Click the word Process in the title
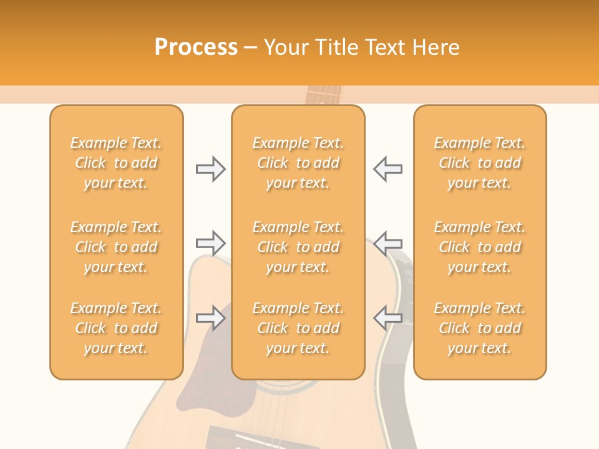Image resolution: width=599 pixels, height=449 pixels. [196, 47]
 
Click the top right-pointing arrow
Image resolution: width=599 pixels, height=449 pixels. [210, 169]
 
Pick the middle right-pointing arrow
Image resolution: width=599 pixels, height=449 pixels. [210, 242]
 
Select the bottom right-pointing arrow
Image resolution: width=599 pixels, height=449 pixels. [210, 318]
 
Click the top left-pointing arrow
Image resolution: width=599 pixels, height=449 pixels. [387, 169]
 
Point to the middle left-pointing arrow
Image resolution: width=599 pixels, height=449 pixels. [387, 242]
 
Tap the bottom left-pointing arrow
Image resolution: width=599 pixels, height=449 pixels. [387, 318]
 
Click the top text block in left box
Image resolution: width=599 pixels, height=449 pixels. [116, 163]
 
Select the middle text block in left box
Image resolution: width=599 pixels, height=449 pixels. [116, 247]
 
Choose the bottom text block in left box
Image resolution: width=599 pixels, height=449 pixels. [116, 328]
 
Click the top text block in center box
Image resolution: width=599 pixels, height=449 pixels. [298, 163]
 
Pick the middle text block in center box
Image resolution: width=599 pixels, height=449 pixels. [298, 247]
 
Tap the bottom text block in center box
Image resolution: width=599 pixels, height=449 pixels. [298, 328]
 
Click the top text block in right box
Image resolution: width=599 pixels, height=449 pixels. [479, 163]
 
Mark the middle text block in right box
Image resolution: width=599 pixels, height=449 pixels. [479, 247]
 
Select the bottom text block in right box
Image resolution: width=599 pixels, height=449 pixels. [479, 328]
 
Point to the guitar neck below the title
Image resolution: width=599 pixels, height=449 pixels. [323, 95]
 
